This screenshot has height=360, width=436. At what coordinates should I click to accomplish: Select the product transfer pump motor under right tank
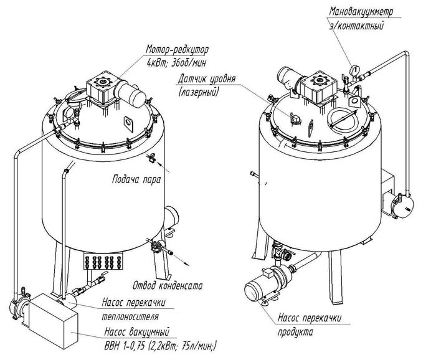[259, 290]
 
